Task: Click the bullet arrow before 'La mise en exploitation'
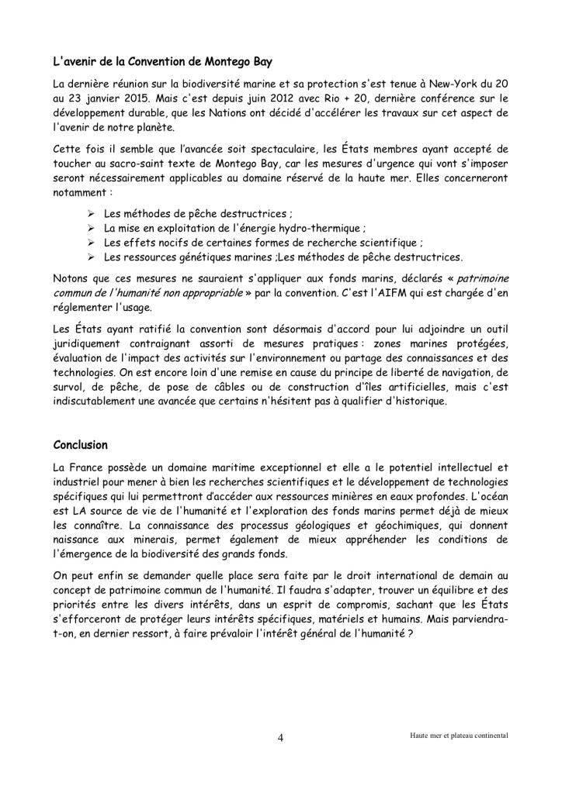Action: tap(91, 228)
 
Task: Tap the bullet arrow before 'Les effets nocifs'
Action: tap(91, 243)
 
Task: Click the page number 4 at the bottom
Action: tap(280, 737)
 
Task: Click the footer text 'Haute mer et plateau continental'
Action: tap(460, 735)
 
